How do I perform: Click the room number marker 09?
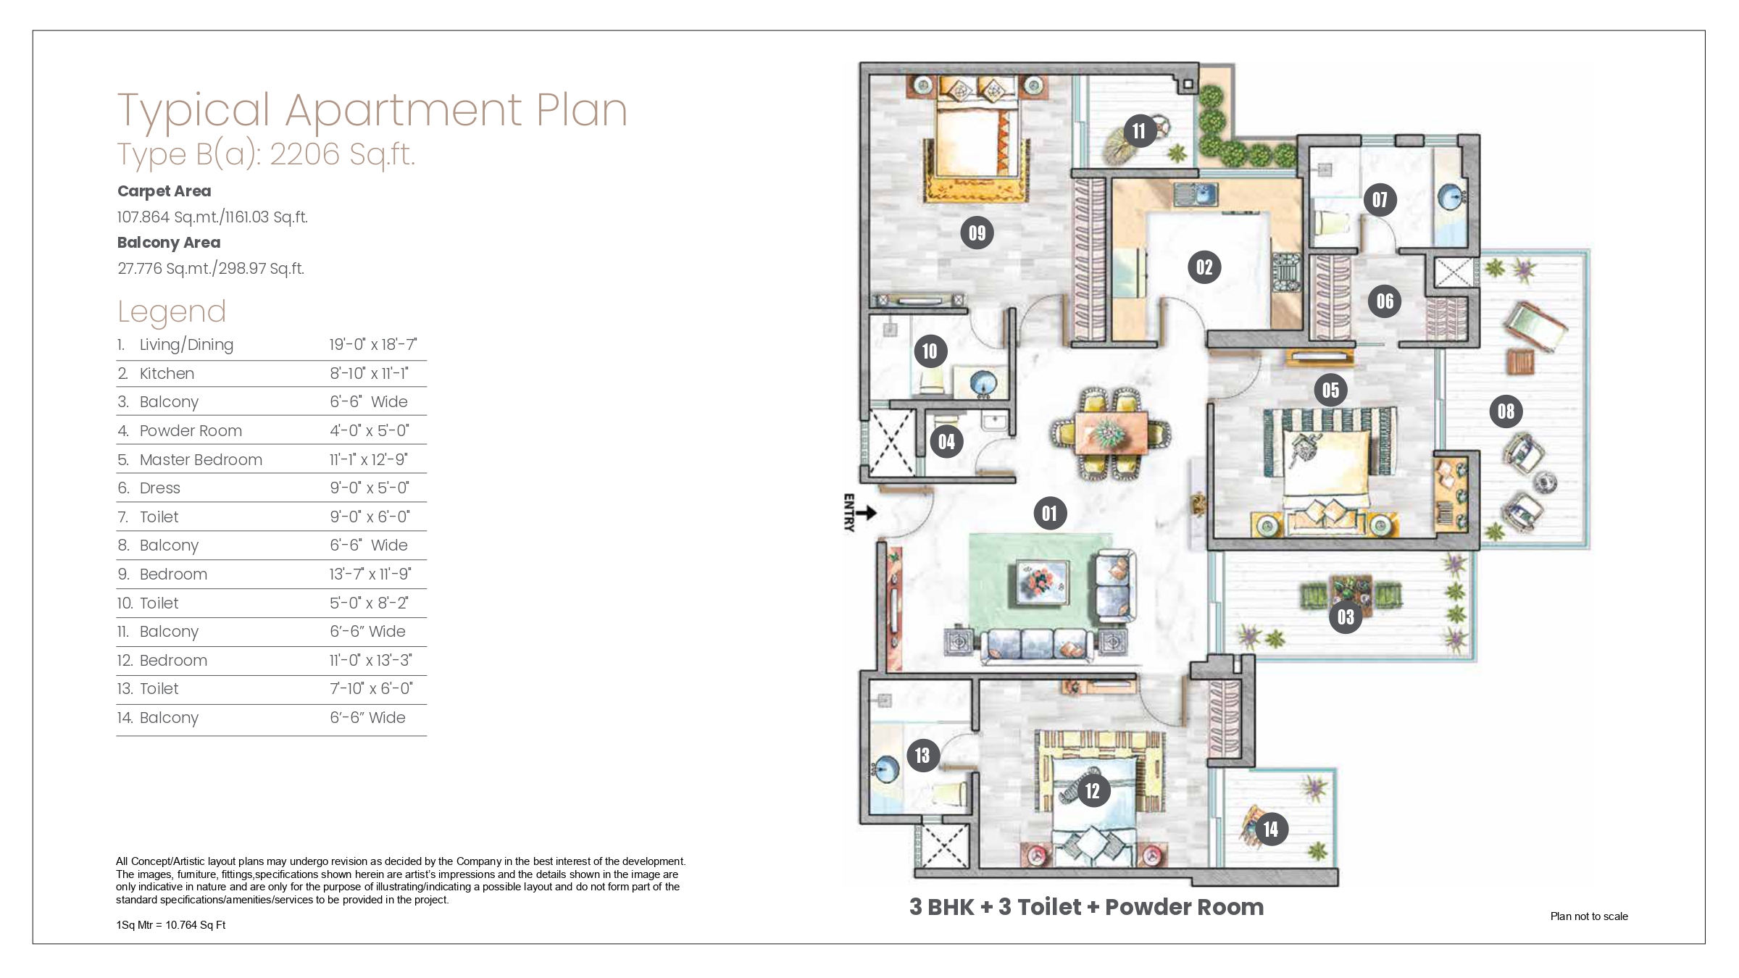click(x=977, y=233)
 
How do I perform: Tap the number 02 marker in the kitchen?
click(x=1204, y=267)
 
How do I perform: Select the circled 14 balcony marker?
click(x=1271, y=829)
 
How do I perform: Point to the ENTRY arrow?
click(x=867, y=513)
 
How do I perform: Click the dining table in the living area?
click(x=1108, y=434)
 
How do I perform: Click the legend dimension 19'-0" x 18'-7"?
click(x=373, y=345)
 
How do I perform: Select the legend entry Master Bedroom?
click(x=201, y=459)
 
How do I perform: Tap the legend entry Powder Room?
click(x=191, y=431)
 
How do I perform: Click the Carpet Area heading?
click(x=164, y=191)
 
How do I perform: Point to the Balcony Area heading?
click(x=169, y=243)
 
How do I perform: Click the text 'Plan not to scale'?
click(x=1589, y=916)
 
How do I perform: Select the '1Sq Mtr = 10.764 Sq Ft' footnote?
click(x=171, y=925)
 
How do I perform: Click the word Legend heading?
click(x=172, y=312)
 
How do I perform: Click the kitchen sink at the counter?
click(x=1196, y=193)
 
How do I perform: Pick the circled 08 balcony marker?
click(x=1506, y=411)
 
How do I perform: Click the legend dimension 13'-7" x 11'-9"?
click(x=370, y=574)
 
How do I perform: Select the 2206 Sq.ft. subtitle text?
click(x=343, y=154)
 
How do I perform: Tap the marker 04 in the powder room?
click(x=946, y=441)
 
